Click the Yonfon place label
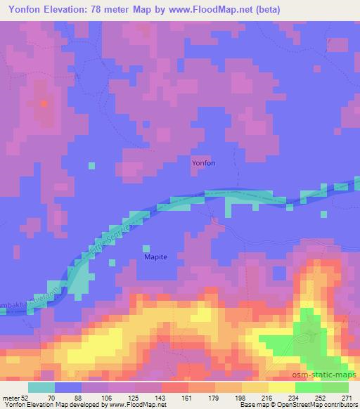(x=204, y=163)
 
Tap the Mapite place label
(x=156, y=257)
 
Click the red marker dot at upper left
(x=44, y=103)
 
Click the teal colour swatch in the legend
(x=41, y=387)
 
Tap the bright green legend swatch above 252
(x=309, y=387)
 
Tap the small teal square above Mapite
(x=146, y=247)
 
